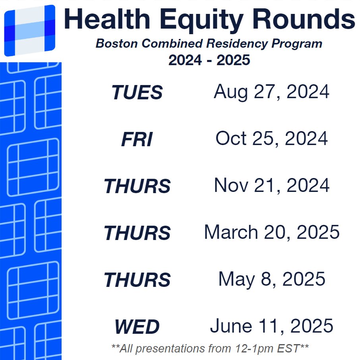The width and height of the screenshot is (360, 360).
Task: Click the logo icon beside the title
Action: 29,31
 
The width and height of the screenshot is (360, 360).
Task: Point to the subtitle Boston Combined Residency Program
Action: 209,44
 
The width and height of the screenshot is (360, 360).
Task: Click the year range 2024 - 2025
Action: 209,60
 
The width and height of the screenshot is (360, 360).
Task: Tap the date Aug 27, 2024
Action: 271,92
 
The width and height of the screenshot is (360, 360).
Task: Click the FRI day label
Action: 137,140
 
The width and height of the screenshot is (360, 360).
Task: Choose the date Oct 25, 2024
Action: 271,139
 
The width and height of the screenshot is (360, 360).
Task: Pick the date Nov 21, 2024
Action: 271,186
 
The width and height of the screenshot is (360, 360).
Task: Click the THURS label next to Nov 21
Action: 137,186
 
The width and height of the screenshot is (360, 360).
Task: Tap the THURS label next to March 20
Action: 137,233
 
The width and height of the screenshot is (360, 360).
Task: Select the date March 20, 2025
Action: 271,232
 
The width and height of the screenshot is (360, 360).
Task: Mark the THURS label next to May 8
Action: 137,280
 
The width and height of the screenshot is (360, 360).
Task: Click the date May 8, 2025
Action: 271,279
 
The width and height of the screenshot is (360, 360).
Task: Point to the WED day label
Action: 137,327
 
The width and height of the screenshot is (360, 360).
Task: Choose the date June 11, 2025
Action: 271,326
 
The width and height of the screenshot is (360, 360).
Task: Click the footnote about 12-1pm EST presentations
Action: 210,348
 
